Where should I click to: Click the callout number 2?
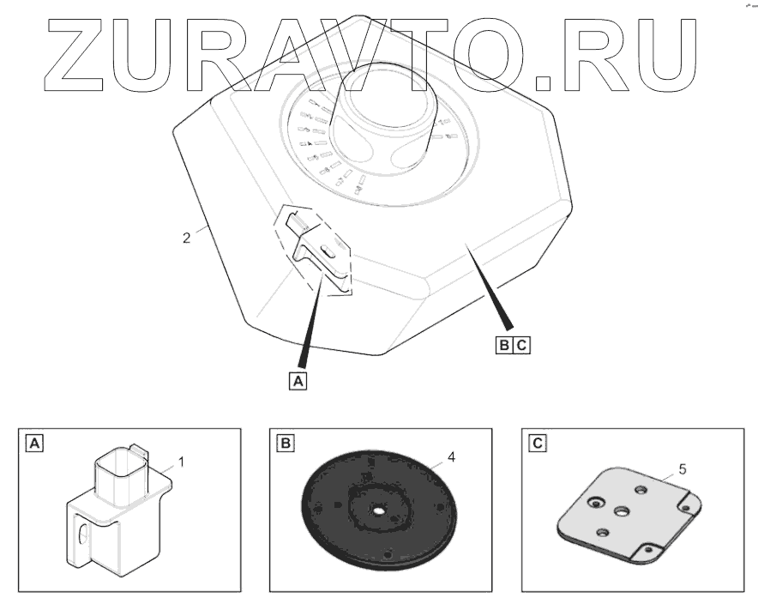pyautogui.click(x=186, y=238)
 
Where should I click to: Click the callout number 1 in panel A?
pyautogui.click(x=180, y=462)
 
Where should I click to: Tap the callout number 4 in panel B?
pyautogui.click(x=450, y=457)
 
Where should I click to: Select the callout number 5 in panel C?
pyautogui.click(x=681, y=468)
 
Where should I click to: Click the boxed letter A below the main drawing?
pyautogui.click(x=298, y=379)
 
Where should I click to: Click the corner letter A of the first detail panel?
pyautogui.click(x=33, y=444)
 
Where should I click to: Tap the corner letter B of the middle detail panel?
pyautogui.click(x=284, y=444)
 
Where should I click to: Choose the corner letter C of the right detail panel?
pyautogui.click(x=536, y=444)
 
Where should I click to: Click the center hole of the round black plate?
pyautogui.click(x=378, y=510)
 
